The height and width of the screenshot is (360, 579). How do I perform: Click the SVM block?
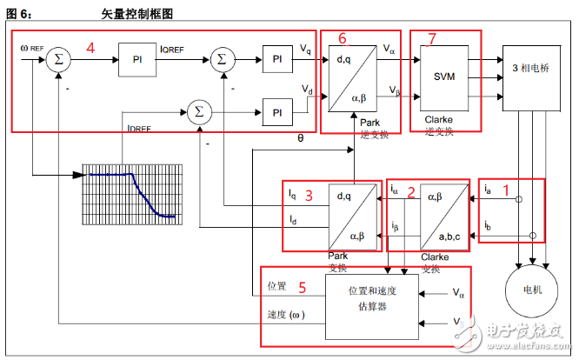click(x=444, y=76)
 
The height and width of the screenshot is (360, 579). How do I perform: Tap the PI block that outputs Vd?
click(x=277, y=113)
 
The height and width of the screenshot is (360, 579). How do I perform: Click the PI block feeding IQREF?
click(x=137, y=58)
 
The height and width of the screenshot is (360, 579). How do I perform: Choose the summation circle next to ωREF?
click(x=57, y=58)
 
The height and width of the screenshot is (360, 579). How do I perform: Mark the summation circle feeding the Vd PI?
click(x=199, y=110)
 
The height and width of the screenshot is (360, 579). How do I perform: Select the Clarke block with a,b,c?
click(x=443, y=213)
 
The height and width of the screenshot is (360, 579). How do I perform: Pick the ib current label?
click(x=488, y=225)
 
